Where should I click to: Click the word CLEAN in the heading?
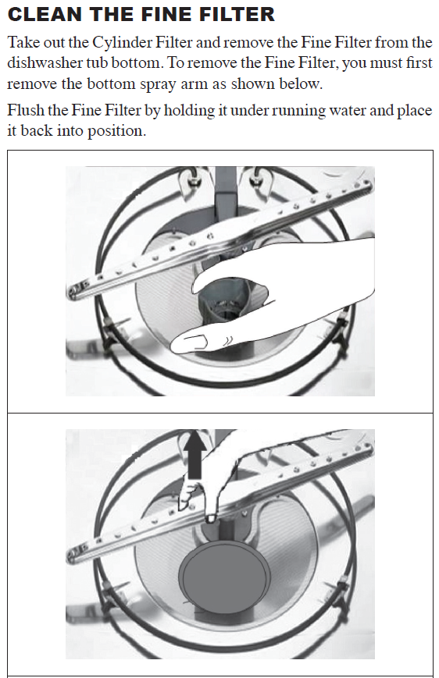point(45,14)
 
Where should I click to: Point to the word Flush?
point(25,110)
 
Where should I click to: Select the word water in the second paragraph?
point(348,110)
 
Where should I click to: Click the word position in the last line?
point(117,131)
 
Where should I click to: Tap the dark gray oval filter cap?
point(225,576)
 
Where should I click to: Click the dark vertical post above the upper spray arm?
point(226,190)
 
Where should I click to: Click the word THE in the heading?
point(112,14)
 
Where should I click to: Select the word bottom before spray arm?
point(111,83)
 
